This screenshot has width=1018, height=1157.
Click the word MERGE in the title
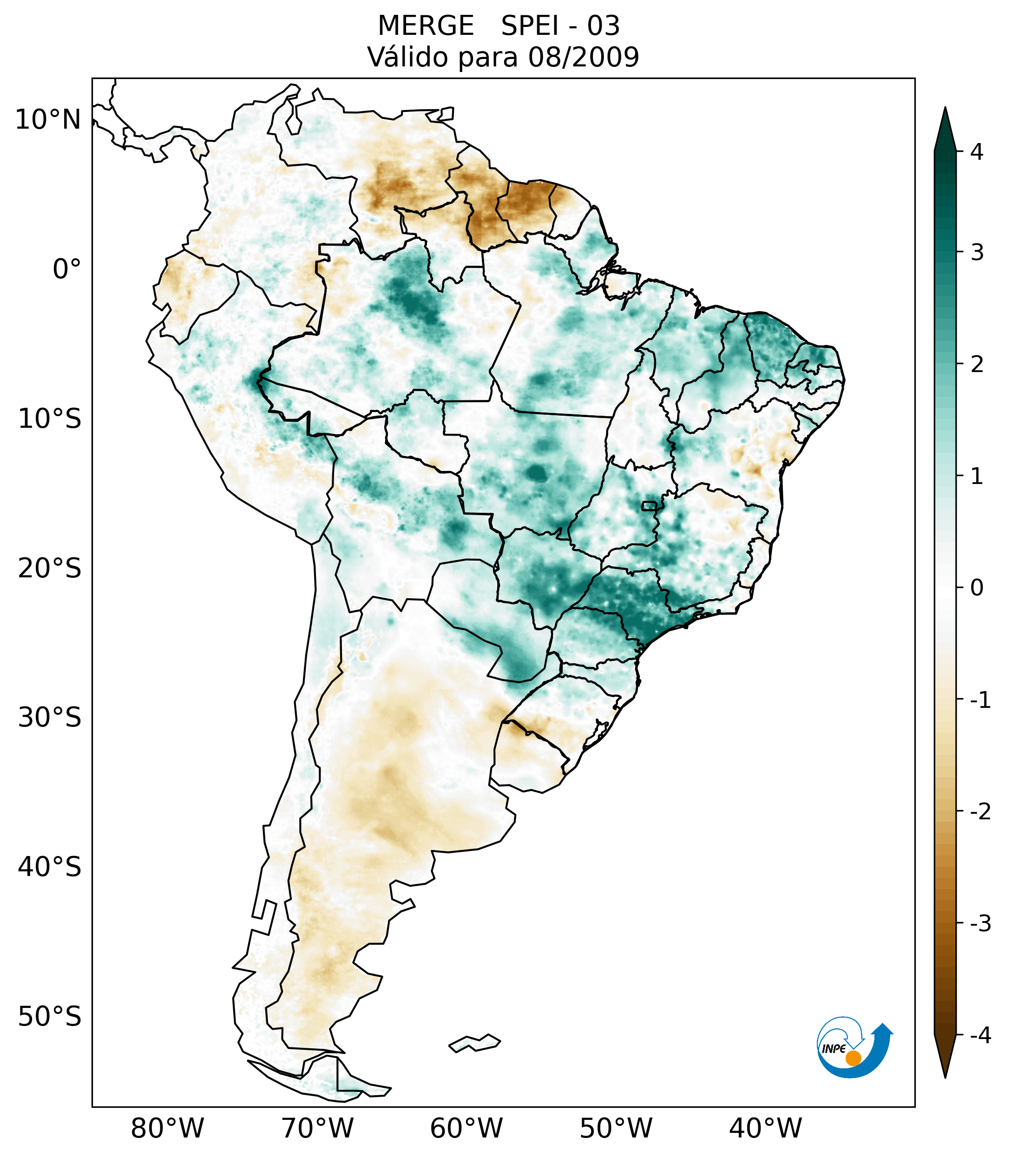(425, 26)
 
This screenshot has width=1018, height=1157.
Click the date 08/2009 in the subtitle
(583, 57)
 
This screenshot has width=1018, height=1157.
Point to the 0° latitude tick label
(67, 269)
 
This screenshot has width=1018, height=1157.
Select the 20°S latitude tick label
(50, 569)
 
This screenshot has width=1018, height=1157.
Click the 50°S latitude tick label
(50, 1017)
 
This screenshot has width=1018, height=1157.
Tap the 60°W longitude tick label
(466, 1128)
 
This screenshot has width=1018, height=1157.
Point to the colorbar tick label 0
(977, 588)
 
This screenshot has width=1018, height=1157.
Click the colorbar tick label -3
(980, 923)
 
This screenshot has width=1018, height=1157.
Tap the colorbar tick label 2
(977, 365)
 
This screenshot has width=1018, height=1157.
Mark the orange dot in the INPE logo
(853, 1058)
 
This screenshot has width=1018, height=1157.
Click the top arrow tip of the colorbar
(945, 109)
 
